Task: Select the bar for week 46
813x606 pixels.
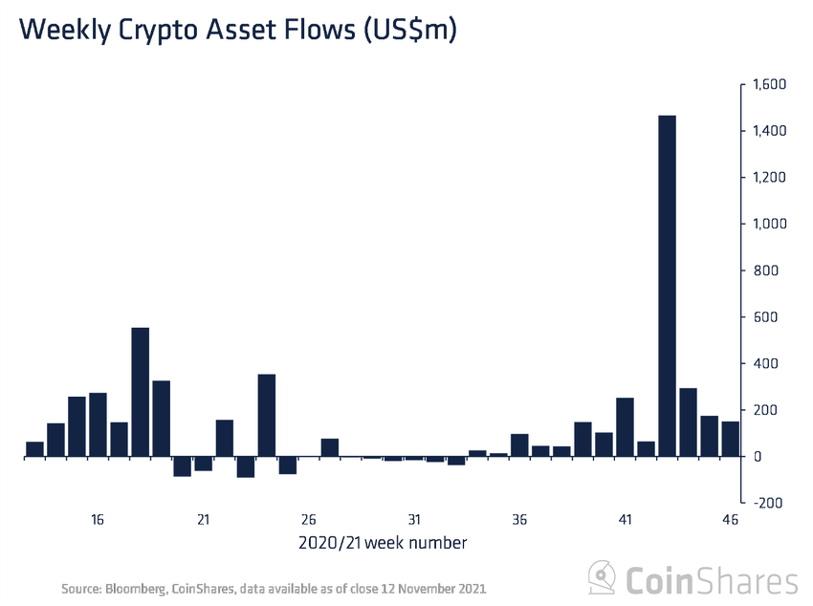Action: point(730,439)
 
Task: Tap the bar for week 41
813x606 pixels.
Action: point(625,427)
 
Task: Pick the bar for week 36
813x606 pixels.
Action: point(519,445)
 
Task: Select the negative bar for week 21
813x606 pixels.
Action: point(203,464)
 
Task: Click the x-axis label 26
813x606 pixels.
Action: point(308,520)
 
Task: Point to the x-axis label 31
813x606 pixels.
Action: point(413,520)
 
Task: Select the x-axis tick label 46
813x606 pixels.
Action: point(730,520)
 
